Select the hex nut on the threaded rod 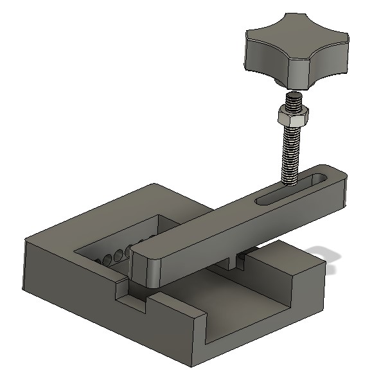292,118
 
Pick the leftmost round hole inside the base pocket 103,261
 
